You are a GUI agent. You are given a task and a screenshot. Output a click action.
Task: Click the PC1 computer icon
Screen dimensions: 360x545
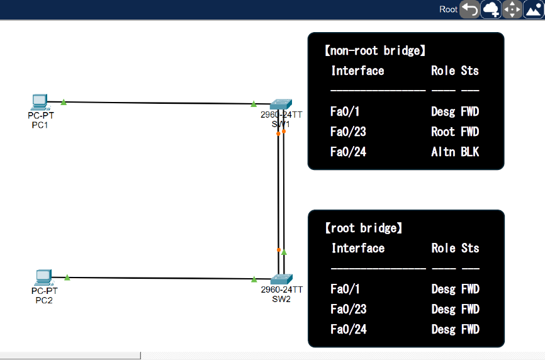pyautogui.click(x=40, y=101)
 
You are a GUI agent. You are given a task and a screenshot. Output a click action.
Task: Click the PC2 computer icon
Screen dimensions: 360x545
pyautogui.click(x=43, y=276)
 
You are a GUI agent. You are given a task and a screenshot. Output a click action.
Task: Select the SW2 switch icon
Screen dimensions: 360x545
pyautogui.click(x=281, y=279)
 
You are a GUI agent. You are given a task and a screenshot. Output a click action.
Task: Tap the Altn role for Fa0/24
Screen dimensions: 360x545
pyautogui.click(x=443, y=152)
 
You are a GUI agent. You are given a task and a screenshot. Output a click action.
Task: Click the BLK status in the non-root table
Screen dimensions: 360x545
pyautogui.click(x=469, y=152)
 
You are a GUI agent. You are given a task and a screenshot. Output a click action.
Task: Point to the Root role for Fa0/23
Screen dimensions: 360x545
pyautogui.click(x=443, y=132)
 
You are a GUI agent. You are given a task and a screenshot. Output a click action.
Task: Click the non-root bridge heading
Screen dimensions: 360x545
pyautogui.click(x=374, y=51)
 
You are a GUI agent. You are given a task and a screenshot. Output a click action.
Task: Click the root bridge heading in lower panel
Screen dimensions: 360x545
pyautogui.click(x=363, y=228)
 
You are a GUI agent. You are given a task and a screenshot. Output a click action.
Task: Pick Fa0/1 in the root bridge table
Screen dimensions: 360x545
pyautogui.click(x=344, y=289)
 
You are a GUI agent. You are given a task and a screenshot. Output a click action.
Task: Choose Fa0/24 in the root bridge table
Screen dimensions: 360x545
pyautogui.click(x=348, y=329)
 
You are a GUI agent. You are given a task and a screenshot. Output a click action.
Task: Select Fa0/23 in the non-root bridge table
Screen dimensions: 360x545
pyautogui.click(x=348, y=132)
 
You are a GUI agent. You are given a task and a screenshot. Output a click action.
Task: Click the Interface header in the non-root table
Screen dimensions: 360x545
pyautogui.click(x=357, y=70)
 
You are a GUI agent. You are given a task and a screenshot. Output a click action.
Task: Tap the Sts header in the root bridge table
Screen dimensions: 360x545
pyautogui.click(x=469, y=248)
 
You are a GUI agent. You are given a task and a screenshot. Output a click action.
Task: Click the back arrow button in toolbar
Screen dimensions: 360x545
pyautogui.click(x=469, y=9)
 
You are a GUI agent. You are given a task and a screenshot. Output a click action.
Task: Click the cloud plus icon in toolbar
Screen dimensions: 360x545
pyautogui.click(x=491, y=9)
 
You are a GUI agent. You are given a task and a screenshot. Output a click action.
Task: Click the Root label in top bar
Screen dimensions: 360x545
pyautogui.click(x=448, y=9)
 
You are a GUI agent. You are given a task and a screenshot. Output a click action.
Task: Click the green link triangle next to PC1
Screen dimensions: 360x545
pyautogui.click(x=64, y=101)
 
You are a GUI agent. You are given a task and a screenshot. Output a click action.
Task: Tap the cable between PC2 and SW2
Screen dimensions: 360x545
pyautogui.click(x=157, y=278)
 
